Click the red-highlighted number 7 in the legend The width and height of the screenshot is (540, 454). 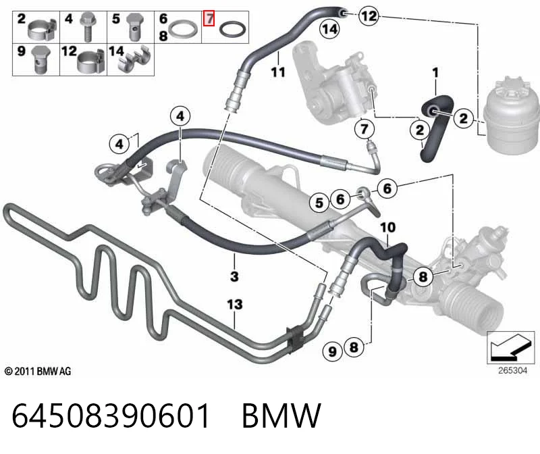click(209, 18)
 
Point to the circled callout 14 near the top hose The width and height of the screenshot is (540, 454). click(329, 29)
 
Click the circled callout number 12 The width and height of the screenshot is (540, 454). click(369, 16)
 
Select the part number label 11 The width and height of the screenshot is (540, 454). click(278, 72)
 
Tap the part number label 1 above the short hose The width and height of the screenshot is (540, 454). click(435, 73)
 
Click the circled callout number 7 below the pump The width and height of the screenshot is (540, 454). click(364, 129)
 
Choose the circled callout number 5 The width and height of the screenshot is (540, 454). click(319, 203)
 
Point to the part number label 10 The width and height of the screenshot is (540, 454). click(387, 227)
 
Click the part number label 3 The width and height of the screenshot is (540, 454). click(234, 276)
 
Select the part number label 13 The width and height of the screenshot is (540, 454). click(234, 305)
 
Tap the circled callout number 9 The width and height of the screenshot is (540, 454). click(332, 351)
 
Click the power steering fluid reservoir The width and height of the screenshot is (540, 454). click(512, 116)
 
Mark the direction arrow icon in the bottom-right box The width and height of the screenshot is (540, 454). click(510, 347)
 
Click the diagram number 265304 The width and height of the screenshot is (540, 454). click(512, 370)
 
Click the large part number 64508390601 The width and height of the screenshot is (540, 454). click(111, 415)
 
